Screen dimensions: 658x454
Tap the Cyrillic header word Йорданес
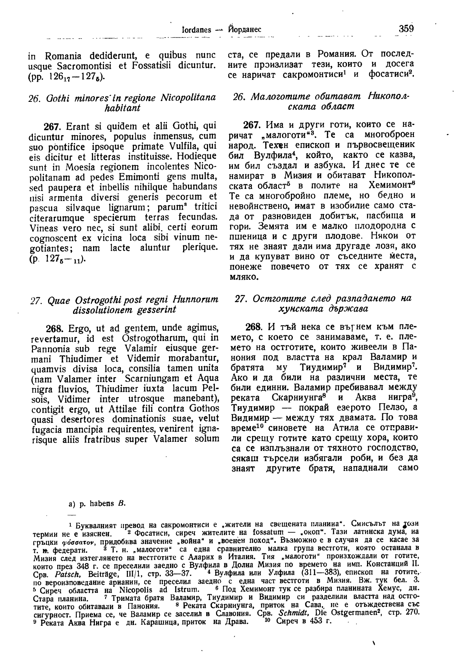click(245, 30)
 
